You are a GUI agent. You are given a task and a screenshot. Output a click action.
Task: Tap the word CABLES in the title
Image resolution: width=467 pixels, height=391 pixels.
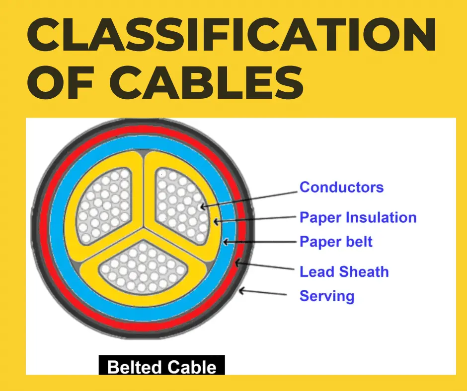pyautogui.click(x=206, y=83)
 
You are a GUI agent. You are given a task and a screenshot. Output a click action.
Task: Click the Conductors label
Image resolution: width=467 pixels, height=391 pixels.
pyautogui.click(x=341, y=187)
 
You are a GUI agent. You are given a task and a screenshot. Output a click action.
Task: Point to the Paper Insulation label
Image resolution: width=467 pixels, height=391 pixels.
pyautogui.click(x=358, y=217)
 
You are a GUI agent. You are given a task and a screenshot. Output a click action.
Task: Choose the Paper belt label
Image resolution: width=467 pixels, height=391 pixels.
pyautogui.click(x=336, y=242)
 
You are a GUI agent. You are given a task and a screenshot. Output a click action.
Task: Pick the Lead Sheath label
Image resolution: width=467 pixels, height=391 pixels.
pyautogui.click(x=344, y=272)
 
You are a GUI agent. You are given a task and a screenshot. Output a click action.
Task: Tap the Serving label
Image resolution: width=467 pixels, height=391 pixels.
pyautogui.click(x=327, y=296)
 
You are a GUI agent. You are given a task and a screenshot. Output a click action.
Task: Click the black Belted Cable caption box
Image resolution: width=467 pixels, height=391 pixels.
pyautogui.click(x=162, y=365)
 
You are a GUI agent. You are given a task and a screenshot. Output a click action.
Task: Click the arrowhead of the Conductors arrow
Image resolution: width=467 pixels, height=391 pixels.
pyautogui.click(x=202, y=206)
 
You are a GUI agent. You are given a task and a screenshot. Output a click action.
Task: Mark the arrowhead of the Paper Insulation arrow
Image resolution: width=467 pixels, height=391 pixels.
pyautogui.click(x=216, y=221)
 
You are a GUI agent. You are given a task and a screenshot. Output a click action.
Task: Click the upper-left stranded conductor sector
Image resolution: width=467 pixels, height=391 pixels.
pyautogui.click(x=105, y=205)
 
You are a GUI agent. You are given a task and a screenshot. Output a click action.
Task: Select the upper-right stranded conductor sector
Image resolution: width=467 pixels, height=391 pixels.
pyautogui.click(x=181, y=205)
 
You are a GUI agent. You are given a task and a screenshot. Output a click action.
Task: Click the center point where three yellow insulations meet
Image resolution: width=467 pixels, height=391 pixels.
pyautogui.click(x=144, y=229)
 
